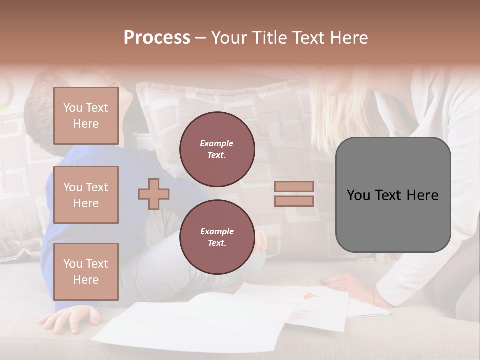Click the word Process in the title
coord(157,38)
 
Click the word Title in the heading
coord(269,38)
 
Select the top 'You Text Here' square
coord(86,116)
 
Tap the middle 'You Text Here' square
coord(86,195)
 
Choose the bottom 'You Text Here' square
coord(86,271)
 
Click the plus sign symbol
coord(153,194)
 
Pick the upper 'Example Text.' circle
coord(217,149)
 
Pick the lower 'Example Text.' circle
coord(217,237)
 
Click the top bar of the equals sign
coord(294,186)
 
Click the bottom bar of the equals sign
coord(294,201)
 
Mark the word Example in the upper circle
coord(217,143)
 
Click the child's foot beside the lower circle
coord(260,240)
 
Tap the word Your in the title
coord(227,38)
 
